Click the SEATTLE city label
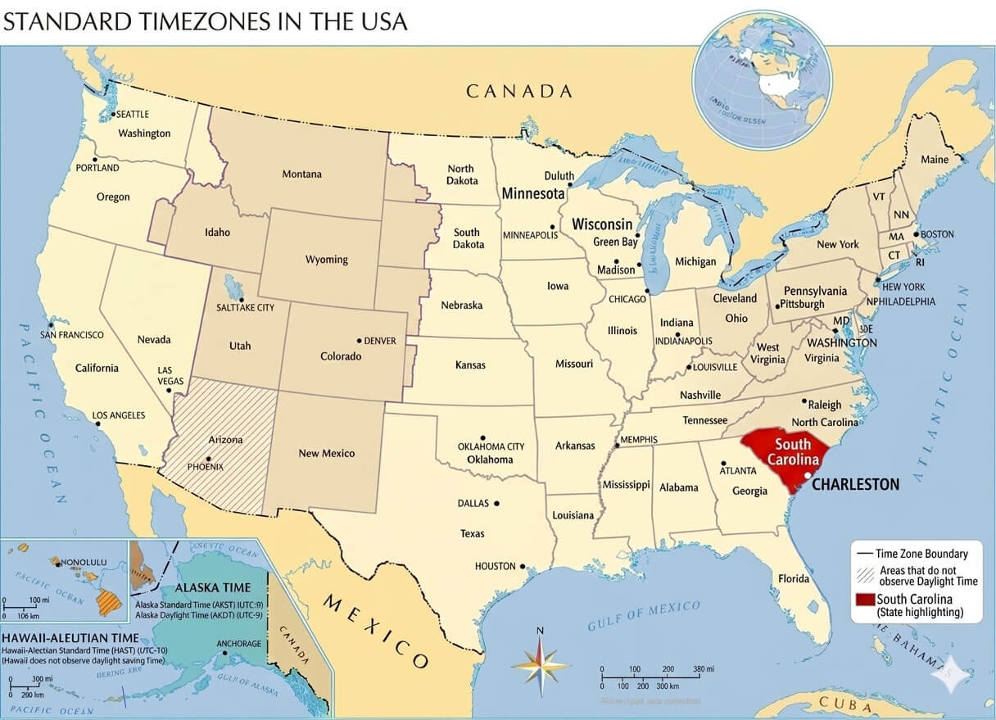click(x=134, y=115)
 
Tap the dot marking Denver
click(x=359, y=340)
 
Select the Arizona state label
click(x=225, y=440)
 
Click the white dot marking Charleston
click(x=808, y=476)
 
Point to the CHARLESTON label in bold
click(x=856, y=484)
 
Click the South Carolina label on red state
click(x=792, y=451)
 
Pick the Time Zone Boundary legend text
click(x=921, y=554)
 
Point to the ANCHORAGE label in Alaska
click(x=239, y=644)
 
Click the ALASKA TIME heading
click(x=213, y=588)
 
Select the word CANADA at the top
click(x=519, y=91)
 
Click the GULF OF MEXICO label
click(x=644, y=616)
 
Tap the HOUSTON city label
click(x=496, y=566)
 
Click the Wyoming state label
click(x=327, y=260)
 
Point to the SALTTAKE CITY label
click(x=246, y=307)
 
